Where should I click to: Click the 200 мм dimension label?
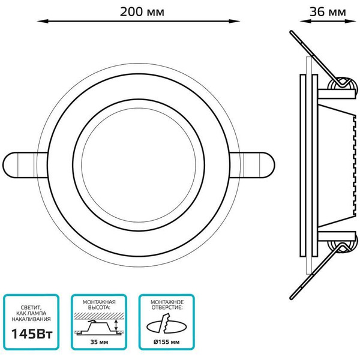142,12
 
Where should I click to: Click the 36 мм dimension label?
328,12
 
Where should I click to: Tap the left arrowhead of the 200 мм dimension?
43,22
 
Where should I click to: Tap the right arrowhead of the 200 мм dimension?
234,22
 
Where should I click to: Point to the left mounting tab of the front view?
25,165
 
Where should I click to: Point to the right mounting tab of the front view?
252,165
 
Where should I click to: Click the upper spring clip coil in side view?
343,86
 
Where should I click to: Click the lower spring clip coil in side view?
343,245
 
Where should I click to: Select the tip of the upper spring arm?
292,32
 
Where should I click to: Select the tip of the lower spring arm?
292,298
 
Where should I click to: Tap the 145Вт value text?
32,334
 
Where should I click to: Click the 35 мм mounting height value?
99,342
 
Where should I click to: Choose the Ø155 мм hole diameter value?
166,342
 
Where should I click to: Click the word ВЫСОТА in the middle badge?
99,308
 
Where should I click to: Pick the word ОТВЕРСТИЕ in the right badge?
167,308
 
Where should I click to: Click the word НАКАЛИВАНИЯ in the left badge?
31,319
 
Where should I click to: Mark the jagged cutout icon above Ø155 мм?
167,324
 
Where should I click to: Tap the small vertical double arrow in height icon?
116,325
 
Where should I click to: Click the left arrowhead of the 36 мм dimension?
305,22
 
